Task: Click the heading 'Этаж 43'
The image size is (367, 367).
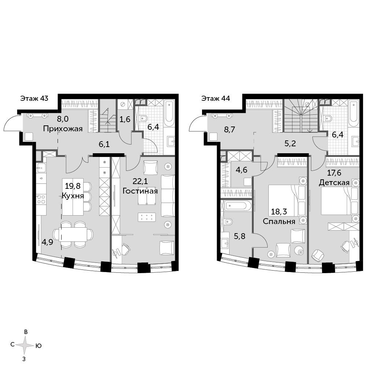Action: tap(34, 98)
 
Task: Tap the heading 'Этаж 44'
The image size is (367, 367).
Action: tap(216, 98)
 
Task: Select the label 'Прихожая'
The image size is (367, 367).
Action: tap(63, 129)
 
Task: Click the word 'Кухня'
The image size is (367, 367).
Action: tap(73, 196)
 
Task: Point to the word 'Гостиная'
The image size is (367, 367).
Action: tap(140, 191)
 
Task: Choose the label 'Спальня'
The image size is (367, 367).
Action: tap(279, 221)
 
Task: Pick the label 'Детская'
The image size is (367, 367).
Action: tap(334, 183)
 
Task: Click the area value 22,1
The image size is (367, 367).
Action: tap(140, 181)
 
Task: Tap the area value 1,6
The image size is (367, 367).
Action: tap(125, 120)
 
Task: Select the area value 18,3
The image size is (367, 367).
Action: tap(279, 212)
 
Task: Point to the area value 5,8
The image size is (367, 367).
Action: tap(240, 236)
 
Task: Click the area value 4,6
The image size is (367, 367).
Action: tap(241, 170)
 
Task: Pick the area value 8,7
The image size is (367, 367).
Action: tap(230, 129)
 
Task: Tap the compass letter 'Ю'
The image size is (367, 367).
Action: tap(38, 346)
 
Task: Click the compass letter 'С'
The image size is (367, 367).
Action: tap(12, 345)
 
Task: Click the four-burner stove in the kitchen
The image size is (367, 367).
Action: tap(41, 199)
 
